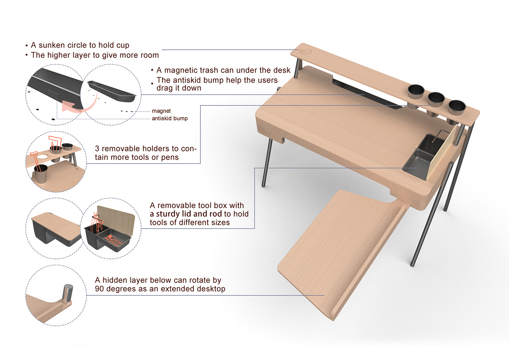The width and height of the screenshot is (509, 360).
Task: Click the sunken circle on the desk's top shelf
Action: [305, 51]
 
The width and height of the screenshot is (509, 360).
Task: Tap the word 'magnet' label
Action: [161, 111]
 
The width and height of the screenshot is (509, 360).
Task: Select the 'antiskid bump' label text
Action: [170, 118]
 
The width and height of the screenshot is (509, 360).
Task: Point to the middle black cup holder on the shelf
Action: [436, 99]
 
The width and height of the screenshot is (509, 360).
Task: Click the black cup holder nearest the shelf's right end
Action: [457, 107]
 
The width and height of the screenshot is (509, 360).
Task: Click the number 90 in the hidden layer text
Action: [99, 289]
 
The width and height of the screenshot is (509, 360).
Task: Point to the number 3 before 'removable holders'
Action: [97, 149]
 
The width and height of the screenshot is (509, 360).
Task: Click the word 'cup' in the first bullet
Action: [123, 45]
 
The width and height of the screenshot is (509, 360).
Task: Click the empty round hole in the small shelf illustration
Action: [41, 156]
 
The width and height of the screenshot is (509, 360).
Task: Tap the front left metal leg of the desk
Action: [266, 163]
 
